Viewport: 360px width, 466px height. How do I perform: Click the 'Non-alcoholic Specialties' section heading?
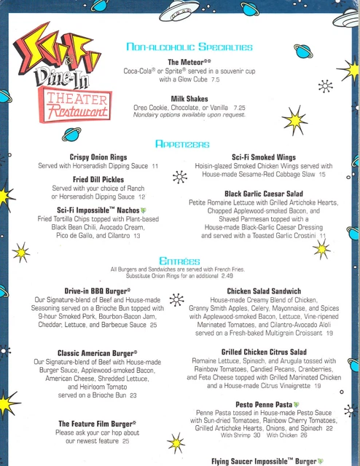[189, 47]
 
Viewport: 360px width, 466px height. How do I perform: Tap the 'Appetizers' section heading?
[189, 144]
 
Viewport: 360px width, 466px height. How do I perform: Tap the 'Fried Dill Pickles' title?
[98, 179]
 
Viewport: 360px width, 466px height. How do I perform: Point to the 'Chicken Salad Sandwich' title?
[265, 291]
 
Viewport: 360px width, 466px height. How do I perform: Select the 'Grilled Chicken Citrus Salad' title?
[265, 352]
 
